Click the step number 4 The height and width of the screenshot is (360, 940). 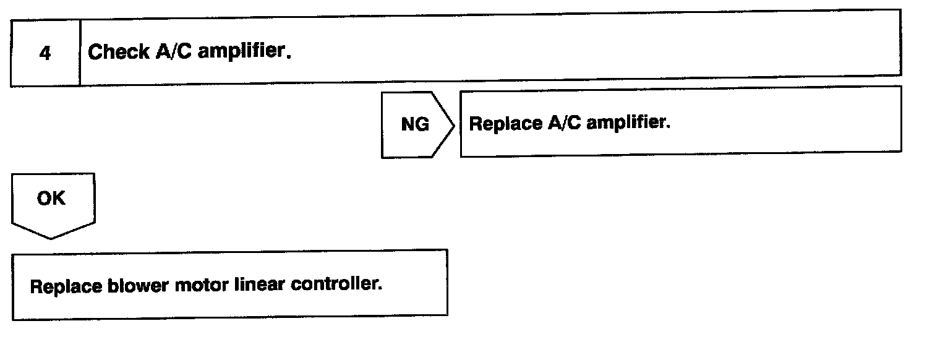coord(45,54)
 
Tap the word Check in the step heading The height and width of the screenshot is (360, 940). coord(111,52)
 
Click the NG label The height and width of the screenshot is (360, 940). coord(415,124)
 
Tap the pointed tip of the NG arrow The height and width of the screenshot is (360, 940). coord(455,125)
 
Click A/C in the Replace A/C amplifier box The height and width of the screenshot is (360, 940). coord(563,123)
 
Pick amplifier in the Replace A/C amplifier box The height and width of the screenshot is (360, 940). coord(628,123)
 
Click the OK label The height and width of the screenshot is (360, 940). coord(51,199)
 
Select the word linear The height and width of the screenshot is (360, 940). coord(249,288)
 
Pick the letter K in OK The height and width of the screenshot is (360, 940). coord(59,199)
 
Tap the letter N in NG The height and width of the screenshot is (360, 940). coord(408,124)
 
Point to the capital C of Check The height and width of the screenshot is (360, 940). coord(95,52)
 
